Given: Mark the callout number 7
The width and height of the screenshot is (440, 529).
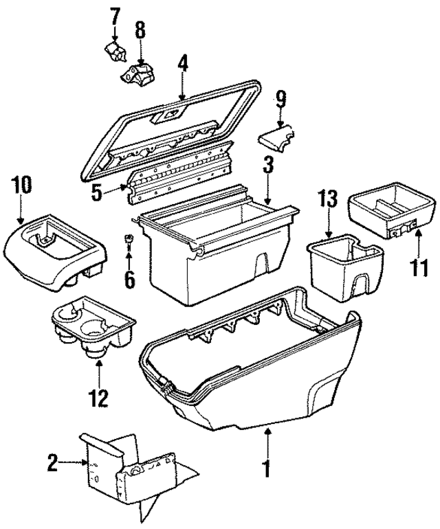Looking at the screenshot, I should click(x=115, y=14).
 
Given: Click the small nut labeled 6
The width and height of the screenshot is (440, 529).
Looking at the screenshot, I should click(x=129, y=239).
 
